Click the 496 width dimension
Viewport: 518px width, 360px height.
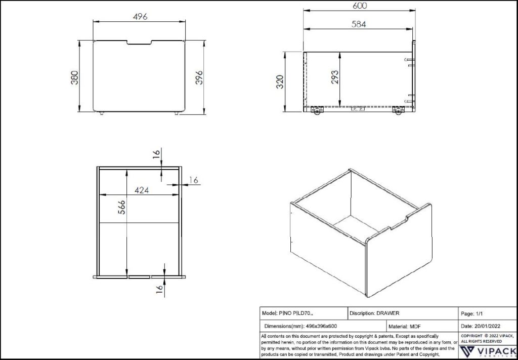tap(140, 16)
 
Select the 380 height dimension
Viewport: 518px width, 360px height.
tap(74, 77)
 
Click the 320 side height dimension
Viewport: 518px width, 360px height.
tap(280, 81)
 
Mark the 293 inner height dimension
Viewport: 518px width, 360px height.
tap(334, 79)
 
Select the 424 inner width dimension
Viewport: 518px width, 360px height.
tap(141, 190)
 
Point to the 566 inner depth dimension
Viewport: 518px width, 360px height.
tap(121, 208)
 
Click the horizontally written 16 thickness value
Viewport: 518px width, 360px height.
tap(193, 180)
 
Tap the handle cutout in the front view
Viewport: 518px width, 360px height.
tap(139, 43)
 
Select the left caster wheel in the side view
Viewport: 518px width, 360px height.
tap(318, 111)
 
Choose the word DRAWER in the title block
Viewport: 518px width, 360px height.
tap(388, 313)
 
